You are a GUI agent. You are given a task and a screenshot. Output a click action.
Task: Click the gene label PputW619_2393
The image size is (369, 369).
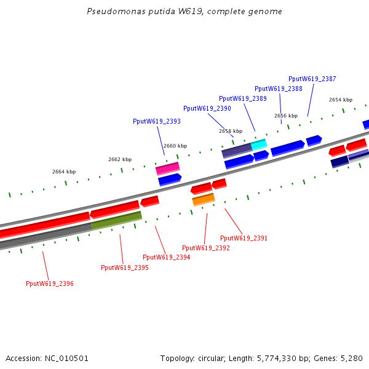tap(157, 121)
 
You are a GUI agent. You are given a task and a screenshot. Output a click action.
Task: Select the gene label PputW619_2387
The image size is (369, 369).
tap(312, 79)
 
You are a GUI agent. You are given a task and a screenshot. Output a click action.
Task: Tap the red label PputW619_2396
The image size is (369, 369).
tap(50, 284)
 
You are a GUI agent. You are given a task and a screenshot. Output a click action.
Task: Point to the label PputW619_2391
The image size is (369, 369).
tap(244, 238)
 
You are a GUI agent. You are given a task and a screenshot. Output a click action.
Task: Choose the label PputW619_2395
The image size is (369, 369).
tap(125, 268)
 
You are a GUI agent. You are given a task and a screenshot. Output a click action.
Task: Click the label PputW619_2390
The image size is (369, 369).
tap(207, 108)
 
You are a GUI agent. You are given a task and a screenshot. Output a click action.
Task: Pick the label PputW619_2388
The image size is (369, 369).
tap(279, 89)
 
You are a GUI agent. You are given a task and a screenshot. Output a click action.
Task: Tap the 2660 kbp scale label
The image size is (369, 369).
tap(175, 146)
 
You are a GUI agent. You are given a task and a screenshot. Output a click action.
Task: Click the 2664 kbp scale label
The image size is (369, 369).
tap(64, 172)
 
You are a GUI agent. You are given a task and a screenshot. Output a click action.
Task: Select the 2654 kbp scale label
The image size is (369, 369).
tap(341, 100)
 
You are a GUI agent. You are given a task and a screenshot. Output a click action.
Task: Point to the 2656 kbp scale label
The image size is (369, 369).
tap(286, 116)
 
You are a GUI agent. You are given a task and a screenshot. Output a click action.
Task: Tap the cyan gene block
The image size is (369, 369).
tap(259, 145)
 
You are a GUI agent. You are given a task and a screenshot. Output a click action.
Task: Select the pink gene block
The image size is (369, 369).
tap(167, 169)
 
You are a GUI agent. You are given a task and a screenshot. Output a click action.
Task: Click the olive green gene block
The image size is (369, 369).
tap(117, 220)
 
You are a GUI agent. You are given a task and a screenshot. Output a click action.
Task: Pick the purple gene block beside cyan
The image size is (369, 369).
tap(237, 150)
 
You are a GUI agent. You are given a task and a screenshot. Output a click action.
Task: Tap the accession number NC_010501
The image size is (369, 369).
tap(66, 358)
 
